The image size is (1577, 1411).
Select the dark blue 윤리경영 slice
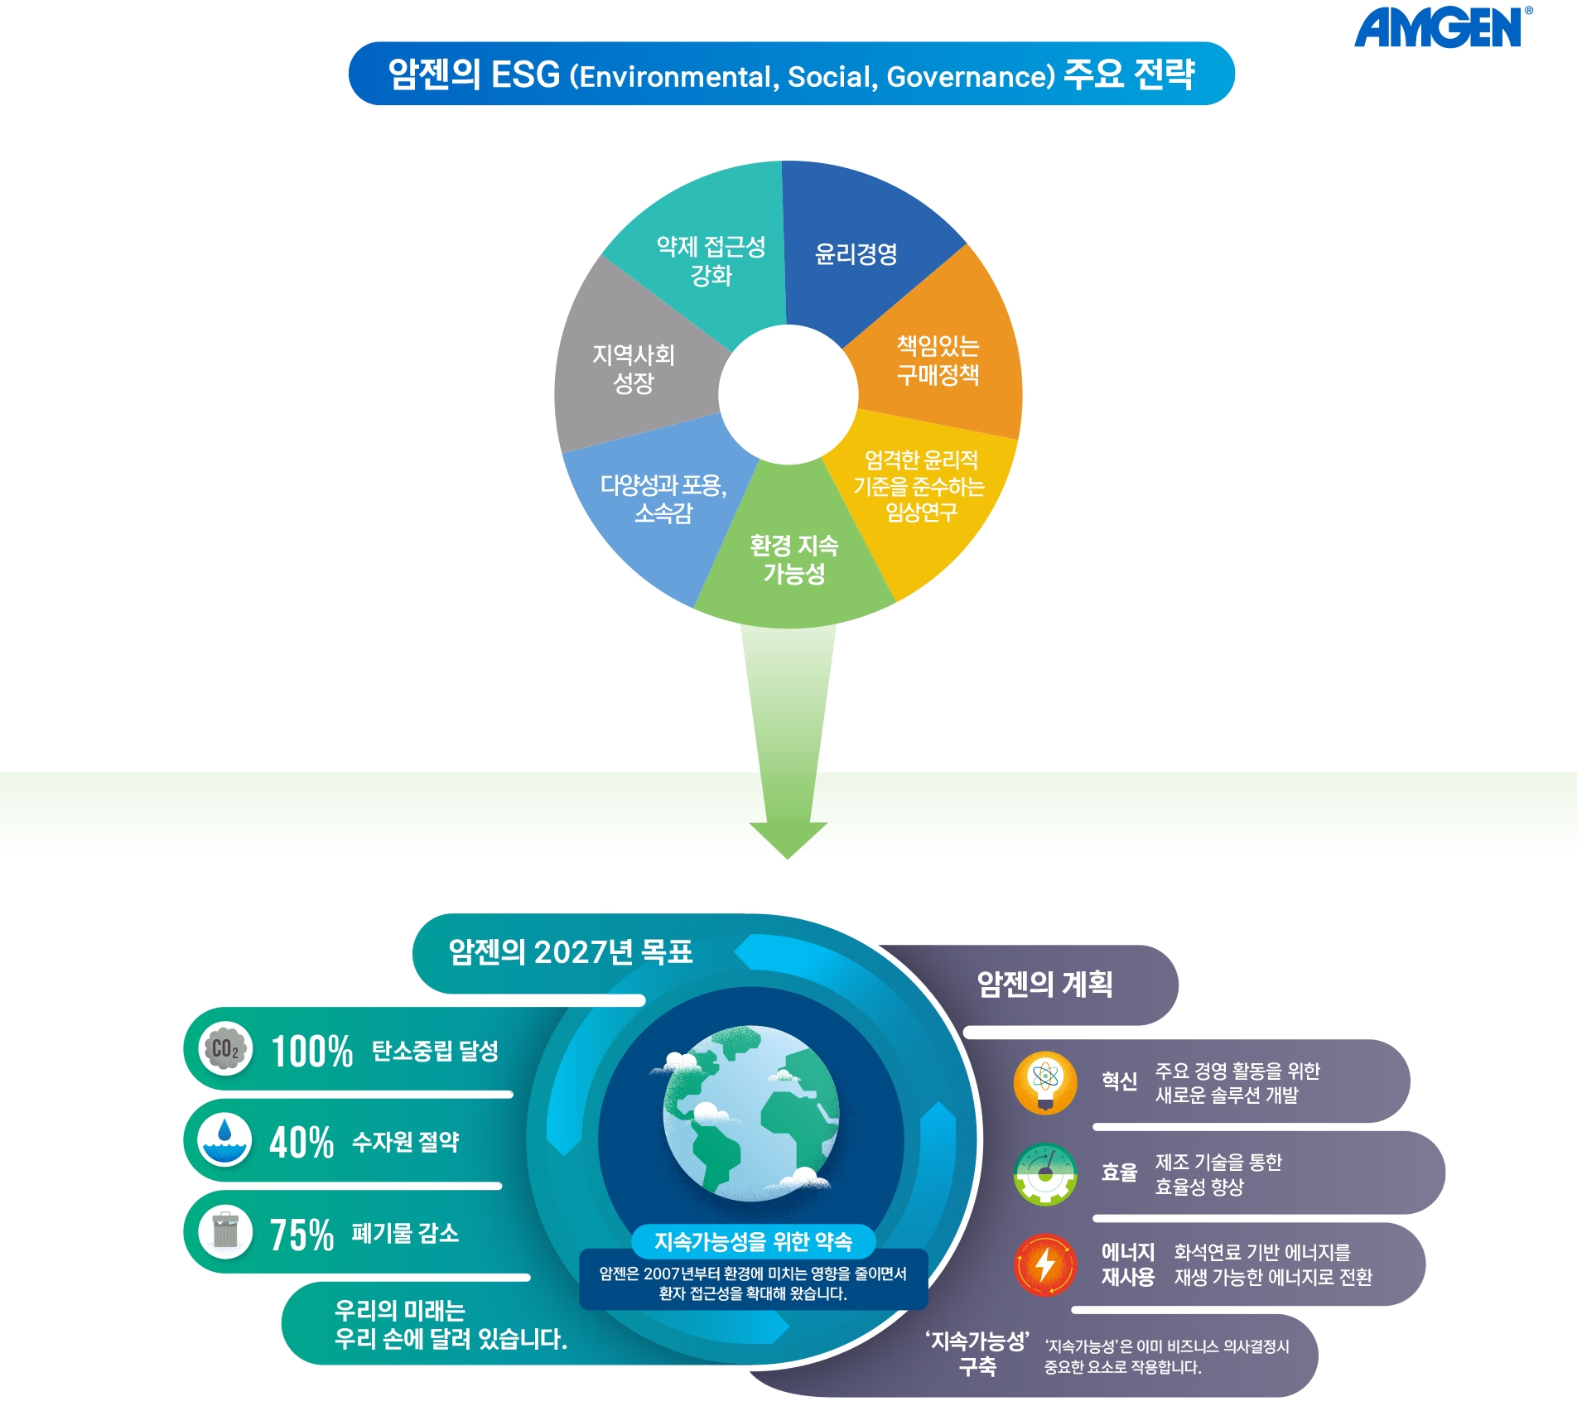[x=861, y=248]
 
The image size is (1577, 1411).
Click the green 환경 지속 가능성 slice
[x=793, y=555]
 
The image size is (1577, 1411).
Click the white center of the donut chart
[x=788, y=394]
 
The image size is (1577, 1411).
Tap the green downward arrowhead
[x=788, y=839]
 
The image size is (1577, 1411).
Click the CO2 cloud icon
[x=225, y=1049]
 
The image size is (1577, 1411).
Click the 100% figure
[x=312, y=1052]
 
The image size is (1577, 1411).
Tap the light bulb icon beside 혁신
[x=1045, y=1082]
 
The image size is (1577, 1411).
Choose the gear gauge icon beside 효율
[x=1045, y=1173]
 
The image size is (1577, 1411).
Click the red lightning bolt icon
[x=1045, y=1264]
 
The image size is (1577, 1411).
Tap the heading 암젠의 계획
[x=1045, y=984]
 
